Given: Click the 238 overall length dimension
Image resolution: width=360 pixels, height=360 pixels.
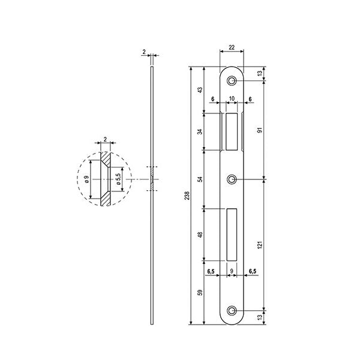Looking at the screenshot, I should (x=185, y=195).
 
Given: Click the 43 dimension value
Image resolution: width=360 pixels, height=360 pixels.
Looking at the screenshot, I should (x=200, y=89).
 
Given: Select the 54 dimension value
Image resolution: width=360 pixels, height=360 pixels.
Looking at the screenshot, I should (x=200, y=178).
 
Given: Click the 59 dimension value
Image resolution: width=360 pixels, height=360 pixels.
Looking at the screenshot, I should (x=200, y=294).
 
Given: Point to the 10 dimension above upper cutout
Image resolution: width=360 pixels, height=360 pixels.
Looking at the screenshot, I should (x=232, y=100).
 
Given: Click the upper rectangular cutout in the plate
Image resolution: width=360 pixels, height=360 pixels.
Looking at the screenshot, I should (x=232, y=130).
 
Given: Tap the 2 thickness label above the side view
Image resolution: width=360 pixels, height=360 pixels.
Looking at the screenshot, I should (x=145, y=53).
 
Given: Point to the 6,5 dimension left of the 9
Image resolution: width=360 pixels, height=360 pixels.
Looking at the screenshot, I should (x=212, y=272).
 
